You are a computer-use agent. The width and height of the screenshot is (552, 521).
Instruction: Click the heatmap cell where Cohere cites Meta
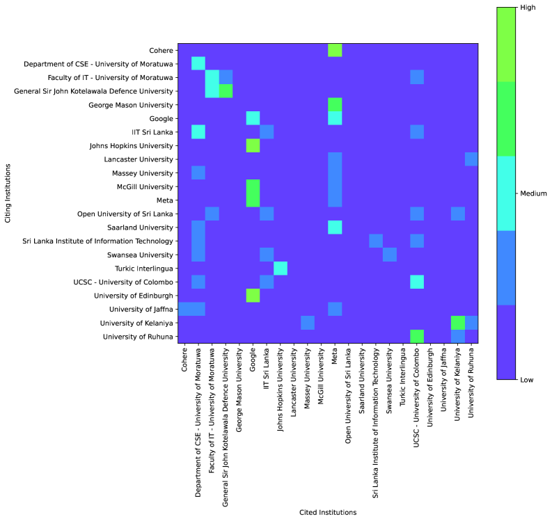pos(335,50)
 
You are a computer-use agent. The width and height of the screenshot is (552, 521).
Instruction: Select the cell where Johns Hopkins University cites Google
pos(253,145)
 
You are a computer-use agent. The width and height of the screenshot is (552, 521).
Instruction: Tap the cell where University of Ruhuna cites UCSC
pos(416,337)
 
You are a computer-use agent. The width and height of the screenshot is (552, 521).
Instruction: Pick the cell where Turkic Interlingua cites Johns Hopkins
pos(280,268)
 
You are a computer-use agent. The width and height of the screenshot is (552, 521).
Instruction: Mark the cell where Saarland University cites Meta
pos(335,227)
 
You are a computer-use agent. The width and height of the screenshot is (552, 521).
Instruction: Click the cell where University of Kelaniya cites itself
pos(457,323)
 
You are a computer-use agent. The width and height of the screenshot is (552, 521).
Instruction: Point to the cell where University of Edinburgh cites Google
pos(253,296)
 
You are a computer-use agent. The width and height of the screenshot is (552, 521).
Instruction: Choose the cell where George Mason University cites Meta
pos(335,104)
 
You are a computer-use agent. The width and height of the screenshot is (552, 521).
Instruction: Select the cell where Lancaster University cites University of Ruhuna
pos(471,159)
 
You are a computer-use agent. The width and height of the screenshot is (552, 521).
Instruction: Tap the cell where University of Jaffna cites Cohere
pos(184,309)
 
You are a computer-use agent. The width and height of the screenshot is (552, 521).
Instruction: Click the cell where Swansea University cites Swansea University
pos(389,255)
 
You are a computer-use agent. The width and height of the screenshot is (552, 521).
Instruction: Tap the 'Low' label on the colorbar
pos(528,380)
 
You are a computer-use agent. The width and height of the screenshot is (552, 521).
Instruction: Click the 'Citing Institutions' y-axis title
pos(8,193)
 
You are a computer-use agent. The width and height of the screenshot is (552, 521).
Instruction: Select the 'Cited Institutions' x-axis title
pos(328,513)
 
